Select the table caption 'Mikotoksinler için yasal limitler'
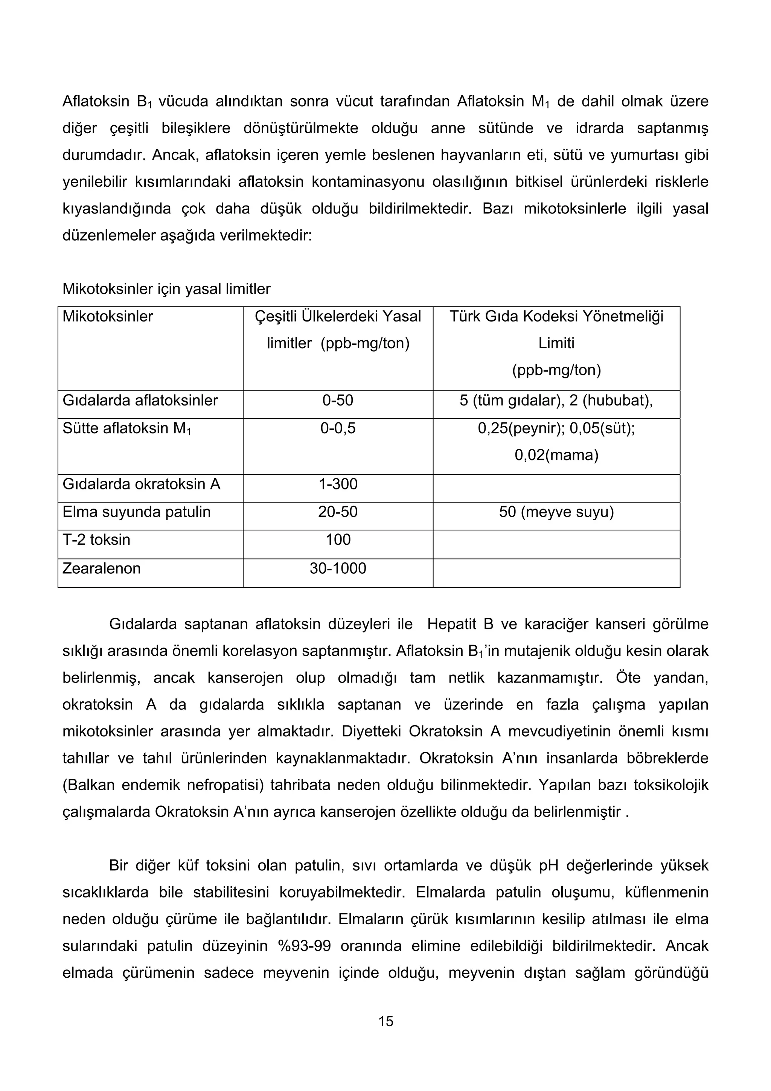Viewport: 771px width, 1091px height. [x=166, y=288]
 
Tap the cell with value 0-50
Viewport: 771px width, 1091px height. [x=338, y=400]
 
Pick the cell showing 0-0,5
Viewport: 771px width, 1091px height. [x=338, y=428]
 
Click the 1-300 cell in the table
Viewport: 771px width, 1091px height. [x=338, y=484]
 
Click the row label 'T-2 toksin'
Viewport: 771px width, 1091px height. [x=96, y=539]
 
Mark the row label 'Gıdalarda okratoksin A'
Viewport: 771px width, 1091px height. [x=142, y=484]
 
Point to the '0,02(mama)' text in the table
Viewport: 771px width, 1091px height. [x=556, y=455]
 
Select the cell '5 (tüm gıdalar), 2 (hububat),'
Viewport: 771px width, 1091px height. [x=556, y=400]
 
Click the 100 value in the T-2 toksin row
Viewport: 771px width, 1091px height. [x=338, y=539]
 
